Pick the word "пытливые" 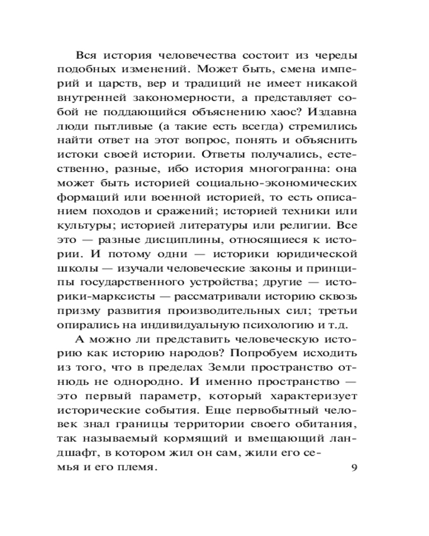tap(124, 128)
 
